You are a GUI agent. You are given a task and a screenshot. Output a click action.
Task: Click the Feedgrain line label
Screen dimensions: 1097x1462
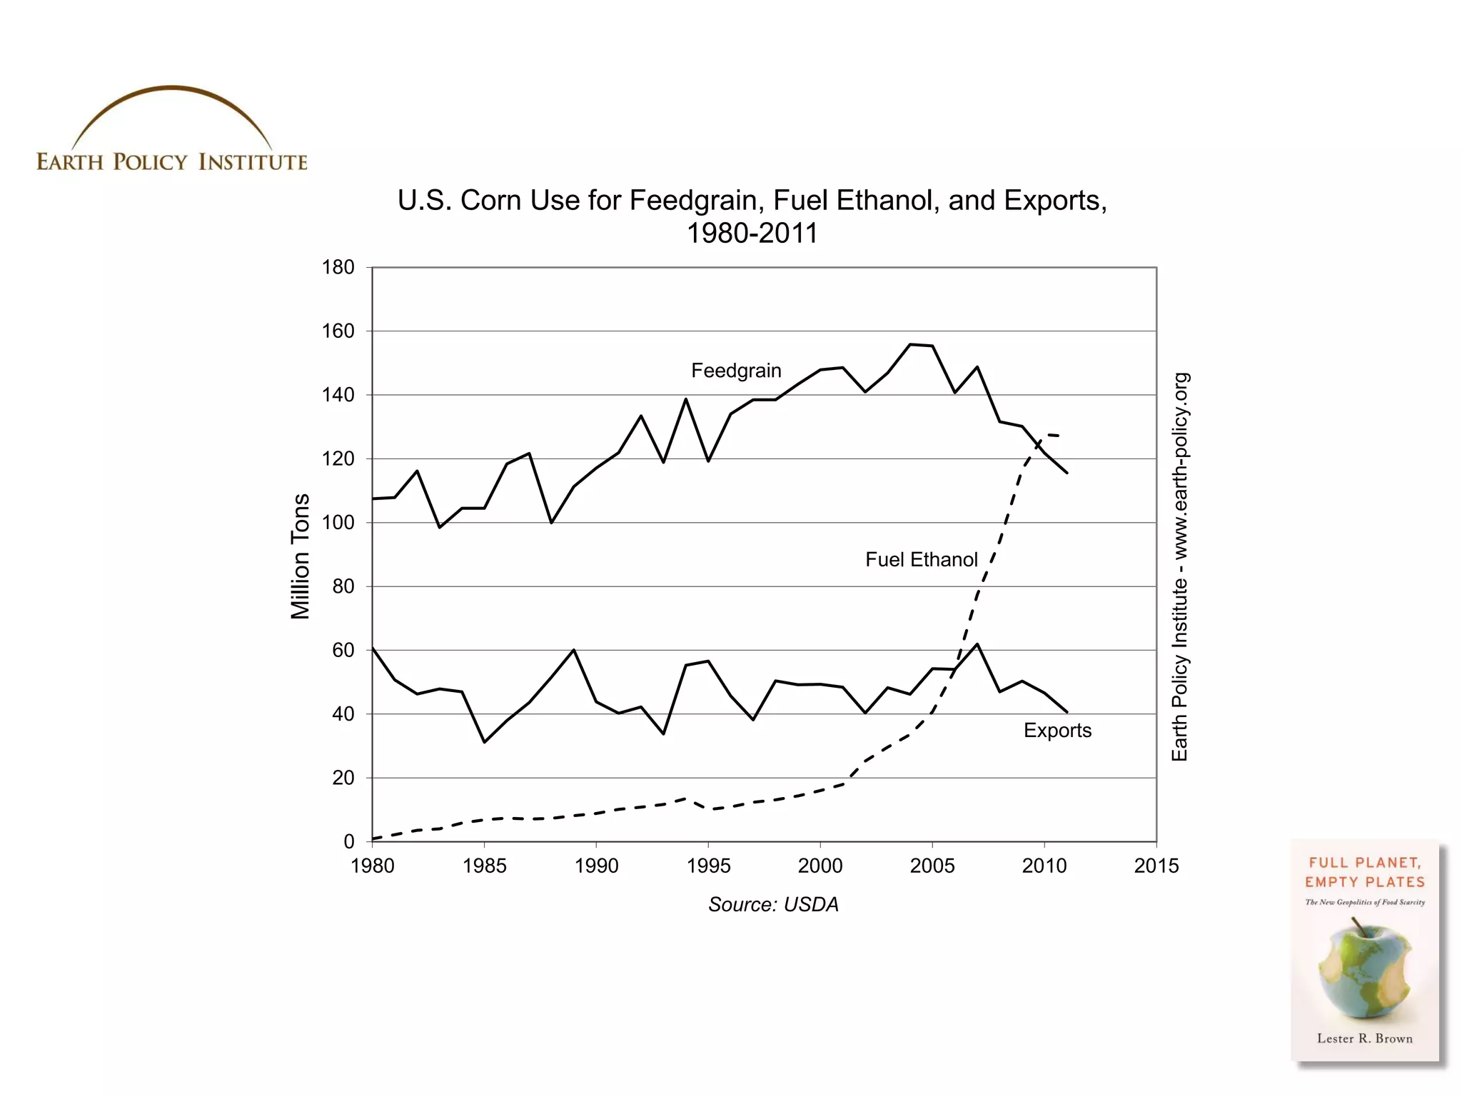click(x=736, y=371)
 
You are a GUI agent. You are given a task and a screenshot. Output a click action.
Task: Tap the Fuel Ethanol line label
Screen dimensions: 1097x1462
click(x=921, y=559)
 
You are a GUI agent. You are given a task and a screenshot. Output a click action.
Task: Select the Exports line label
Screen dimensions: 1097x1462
click(x=1057, y=730)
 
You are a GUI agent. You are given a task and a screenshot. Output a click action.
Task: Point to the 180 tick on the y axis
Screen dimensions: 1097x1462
click(x=338, y=267)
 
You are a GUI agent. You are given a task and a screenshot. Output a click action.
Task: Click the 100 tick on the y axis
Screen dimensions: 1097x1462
click(x=338, y=522)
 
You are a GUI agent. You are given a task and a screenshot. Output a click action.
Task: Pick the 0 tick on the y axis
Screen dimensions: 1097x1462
click(x=348, y=841)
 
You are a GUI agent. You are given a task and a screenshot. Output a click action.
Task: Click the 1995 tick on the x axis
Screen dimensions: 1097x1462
click(x=708, y=866)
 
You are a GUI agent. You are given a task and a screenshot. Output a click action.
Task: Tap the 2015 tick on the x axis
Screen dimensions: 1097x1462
click(x=1156, y=866)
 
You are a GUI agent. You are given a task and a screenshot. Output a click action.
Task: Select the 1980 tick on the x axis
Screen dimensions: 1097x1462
click(x=372, y=866)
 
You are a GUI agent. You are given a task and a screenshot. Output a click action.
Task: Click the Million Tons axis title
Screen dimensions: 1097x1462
click(x=301, y=556)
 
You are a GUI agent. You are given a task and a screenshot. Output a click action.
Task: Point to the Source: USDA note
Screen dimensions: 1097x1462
click(x=773, y=904)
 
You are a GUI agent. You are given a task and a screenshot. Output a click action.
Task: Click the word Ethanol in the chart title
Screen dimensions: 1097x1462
click(x=886, y=201)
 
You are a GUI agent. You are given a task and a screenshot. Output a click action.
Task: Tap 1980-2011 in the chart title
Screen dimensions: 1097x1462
click(x=752, y=234)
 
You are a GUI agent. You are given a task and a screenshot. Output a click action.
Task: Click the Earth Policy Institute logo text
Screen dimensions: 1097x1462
click(x=171, y=162)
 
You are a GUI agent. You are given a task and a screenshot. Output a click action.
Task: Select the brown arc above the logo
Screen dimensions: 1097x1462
click(x=171, y=89)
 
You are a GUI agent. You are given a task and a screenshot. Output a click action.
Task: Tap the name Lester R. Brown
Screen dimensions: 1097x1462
click(x=1364, y=1038)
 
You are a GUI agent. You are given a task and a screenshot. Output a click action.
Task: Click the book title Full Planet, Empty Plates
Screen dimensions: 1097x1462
click(x=1364, y=872)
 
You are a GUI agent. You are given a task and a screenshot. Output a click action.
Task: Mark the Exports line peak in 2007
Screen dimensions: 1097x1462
click(x=977, y=644)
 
